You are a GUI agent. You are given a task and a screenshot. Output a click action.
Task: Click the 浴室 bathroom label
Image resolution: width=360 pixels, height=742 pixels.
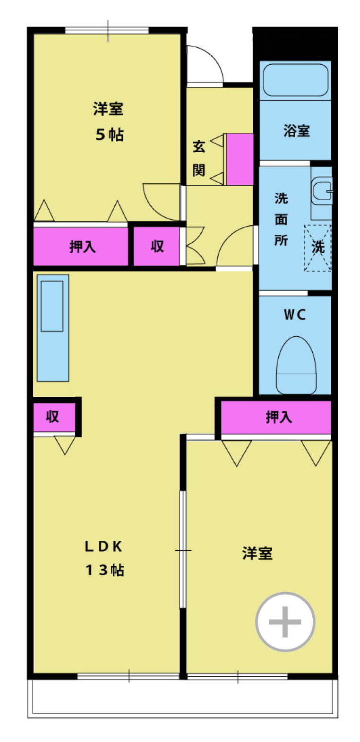(296, 131)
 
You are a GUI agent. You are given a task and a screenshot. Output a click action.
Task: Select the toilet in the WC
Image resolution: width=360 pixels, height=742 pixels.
(296, 365)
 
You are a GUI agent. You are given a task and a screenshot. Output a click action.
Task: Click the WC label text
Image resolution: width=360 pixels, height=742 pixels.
(295, 315)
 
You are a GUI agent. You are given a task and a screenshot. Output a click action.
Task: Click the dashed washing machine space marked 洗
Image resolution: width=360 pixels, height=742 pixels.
(317, 248)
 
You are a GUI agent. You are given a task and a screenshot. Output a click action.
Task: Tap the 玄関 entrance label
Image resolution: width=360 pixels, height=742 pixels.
(199, 158)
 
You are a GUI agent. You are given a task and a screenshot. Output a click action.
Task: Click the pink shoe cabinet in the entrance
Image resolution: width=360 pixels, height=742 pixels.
(240, 159)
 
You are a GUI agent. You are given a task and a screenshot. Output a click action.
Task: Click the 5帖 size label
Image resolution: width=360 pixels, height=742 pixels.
(110, 135)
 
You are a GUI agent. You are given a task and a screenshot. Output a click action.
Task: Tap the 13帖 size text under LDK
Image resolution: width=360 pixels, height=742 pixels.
(105, 570)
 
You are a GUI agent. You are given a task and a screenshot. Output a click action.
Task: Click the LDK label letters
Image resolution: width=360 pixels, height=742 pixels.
(104, 546)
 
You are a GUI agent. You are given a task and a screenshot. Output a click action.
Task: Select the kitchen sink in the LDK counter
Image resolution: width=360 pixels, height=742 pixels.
(52, 306)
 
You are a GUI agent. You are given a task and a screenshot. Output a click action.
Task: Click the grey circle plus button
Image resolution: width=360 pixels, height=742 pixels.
(285, 622)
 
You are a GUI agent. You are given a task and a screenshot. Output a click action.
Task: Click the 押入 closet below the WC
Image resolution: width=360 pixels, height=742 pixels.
(276, 417)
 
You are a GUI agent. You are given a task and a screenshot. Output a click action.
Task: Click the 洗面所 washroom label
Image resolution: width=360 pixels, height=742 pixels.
(281, 219)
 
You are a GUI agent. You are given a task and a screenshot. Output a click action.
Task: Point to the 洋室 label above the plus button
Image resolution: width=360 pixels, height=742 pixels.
(257, 554)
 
